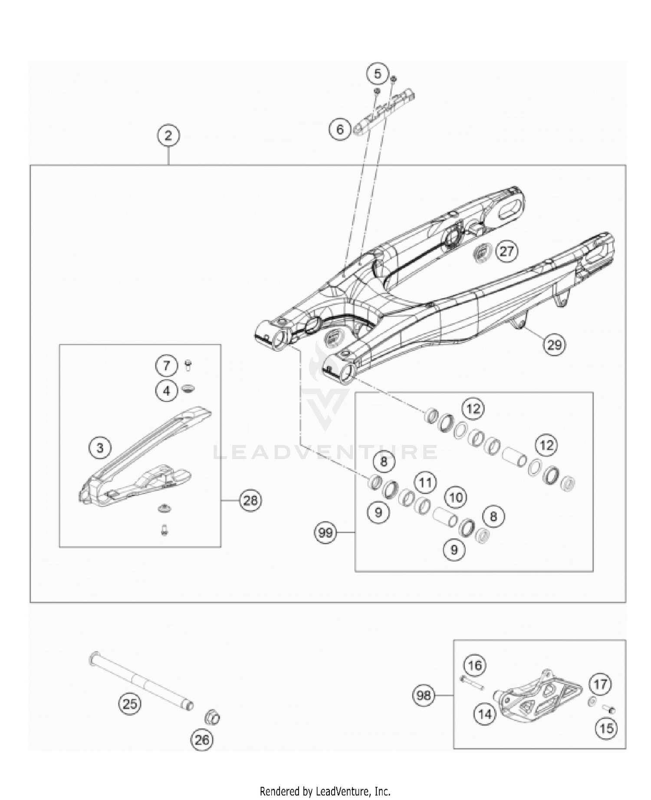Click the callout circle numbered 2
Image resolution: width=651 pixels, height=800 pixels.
[168, 136]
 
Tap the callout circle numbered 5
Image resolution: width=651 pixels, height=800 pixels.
[377, 74]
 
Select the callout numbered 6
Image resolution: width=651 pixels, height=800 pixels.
[340, 129]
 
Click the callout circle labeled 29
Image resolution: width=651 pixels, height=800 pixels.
[554, 345]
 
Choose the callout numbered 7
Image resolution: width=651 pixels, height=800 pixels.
[167, 366]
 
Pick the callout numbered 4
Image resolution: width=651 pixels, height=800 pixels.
[167, 392]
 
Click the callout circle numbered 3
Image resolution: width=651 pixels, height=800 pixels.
[100, 447]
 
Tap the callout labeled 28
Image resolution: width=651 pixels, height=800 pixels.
[250, 501]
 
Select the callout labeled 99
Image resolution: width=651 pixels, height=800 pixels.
[325, 532]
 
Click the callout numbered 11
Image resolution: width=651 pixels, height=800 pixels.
[426, 483]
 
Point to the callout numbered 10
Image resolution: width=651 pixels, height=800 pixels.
[456, 497]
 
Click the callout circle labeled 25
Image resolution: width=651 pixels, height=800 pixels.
[130, 704]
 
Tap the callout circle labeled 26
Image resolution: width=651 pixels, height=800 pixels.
[202, 740]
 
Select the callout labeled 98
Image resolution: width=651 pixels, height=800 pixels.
[423, 696]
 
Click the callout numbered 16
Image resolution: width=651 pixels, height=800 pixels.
[475, 665]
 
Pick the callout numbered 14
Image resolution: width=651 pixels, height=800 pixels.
[485, 714]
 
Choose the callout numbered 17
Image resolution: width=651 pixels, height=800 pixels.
[601, 685]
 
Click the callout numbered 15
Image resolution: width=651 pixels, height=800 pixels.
[606, 728]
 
